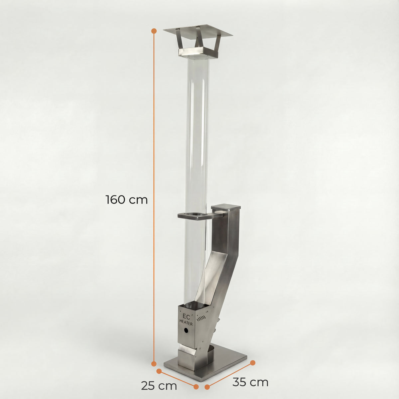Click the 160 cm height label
[x=126, y=200]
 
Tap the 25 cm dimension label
[x=159, y=386]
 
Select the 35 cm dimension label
[x=250, y=382]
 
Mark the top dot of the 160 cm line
[x=154, y=31]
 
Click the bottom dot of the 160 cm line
[x=154, y=364]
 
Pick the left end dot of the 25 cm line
[x=159, y=371]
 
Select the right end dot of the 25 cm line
[x=196, y=387]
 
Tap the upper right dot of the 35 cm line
[x=253, y=362]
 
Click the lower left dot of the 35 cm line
[x=207, y=387]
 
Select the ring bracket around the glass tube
[x=193, y=216]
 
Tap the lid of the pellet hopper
[x=226, y=208]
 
